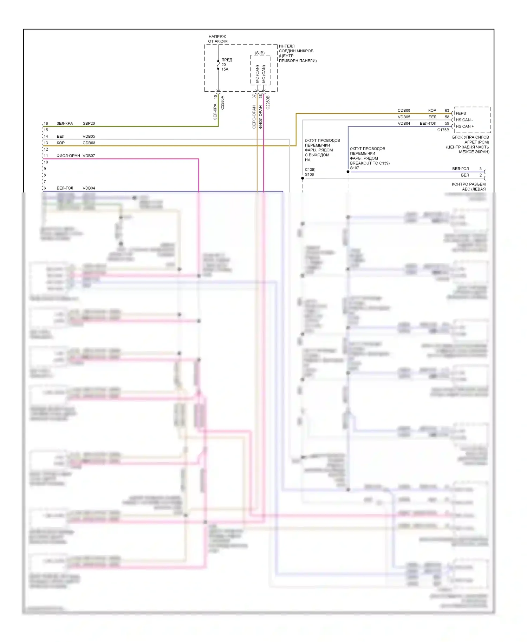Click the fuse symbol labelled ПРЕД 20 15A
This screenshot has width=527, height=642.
point(218,65)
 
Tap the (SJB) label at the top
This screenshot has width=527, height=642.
point(260,53)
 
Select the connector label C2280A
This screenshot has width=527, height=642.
point(222,103)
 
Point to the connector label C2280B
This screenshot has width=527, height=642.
point(268,102)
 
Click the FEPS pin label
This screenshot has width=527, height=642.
point(461,113)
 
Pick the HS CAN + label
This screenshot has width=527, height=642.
point(464,126)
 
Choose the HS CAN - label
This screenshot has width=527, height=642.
point(464,120)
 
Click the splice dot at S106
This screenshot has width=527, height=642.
point(302,178)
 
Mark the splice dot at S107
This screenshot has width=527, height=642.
point(348,172)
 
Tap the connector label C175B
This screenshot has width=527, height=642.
point(443,130)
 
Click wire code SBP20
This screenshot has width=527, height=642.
point(89,123)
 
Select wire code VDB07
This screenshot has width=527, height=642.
point(89,156)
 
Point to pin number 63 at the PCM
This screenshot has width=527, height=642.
point(447,110)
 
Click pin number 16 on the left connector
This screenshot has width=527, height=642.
point(46,123)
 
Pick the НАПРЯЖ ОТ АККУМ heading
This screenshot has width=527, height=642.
point(218,39)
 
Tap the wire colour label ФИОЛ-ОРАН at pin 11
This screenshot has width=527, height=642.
point(68,156)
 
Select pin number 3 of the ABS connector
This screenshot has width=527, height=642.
point(481,169)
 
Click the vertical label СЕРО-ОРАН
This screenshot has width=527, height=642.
point(254,117)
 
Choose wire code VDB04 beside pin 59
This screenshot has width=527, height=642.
point(404,123)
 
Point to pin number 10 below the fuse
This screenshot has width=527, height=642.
point(215,97)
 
